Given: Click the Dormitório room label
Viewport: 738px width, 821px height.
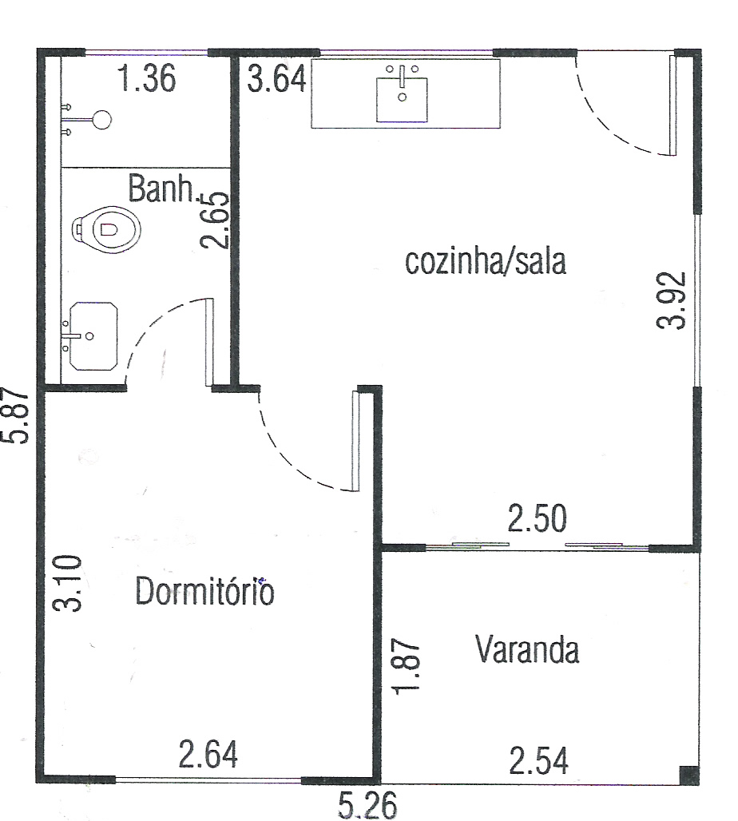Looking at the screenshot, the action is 204,591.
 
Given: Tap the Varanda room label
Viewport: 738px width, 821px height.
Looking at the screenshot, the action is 527,649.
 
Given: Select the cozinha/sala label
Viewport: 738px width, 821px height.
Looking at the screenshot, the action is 486,261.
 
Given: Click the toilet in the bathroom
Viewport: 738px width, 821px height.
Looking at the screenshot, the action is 106,229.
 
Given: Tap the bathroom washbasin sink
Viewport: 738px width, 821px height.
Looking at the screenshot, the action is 93,336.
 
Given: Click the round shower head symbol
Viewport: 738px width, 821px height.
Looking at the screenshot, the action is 103,120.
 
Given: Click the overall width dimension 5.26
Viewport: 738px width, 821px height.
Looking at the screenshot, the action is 367,805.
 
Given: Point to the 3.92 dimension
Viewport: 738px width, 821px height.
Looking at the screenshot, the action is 671,300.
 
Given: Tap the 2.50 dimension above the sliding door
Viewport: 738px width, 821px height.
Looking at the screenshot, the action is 538,518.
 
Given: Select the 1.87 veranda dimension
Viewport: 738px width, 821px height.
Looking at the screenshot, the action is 407,666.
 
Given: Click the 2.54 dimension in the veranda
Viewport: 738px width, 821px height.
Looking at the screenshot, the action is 538,761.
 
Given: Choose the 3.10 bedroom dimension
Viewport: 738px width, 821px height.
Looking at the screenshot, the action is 68,583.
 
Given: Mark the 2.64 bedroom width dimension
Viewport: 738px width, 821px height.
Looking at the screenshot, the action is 208,754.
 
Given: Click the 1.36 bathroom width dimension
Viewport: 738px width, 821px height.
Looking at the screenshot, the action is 147,78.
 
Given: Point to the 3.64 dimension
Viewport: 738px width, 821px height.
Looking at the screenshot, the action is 276,80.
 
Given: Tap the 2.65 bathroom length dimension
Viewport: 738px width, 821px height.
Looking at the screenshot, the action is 216,220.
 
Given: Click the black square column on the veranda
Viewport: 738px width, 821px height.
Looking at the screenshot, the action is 688,775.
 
